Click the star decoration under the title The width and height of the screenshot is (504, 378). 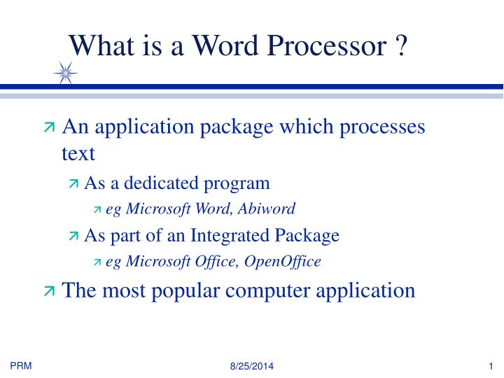[66, 73]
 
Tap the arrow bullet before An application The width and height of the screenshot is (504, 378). [49, 127]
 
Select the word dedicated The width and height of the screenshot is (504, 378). [164, 183]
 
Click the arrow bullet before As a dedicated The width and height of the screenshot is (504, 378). [74, 184]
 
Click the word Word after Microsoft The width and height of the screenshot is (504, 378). [213, 209]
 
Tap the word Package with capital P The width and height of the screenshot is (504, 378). [307, 236]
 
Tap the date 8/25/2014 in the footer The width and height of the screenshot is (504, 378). [252, 367]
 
